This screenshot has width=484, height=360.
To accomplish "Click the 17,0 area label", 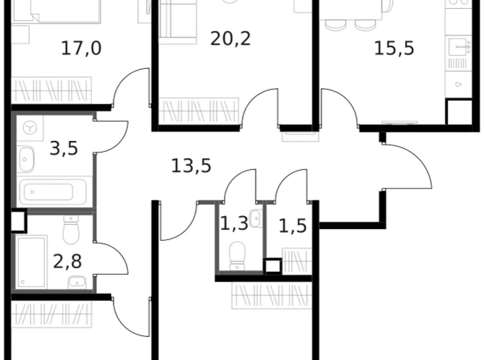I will point(81,48).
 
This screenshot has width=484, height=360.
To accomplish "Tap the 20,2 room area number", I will point(225,38).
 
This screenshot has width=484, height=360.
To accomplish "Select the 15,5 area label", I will point(393,48).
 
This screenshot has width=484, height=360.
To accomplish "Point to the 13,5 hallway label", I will point(191,166).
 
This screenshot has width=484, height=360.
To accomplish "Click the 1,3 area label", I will point(234,223).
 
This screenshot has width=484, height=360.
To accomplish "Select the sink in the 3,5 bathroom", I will point(27,160).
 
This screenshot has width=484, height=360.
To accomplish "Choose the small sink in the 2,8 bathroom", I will point(76,281).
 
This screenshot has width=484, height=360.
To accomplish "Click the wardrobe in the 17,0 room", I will point(52,90).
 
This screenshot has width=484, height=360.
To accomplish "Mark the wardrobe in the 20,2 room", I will point(199,111).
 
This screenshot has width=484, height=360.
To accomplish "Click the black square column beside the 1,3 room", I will point(272,266).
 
